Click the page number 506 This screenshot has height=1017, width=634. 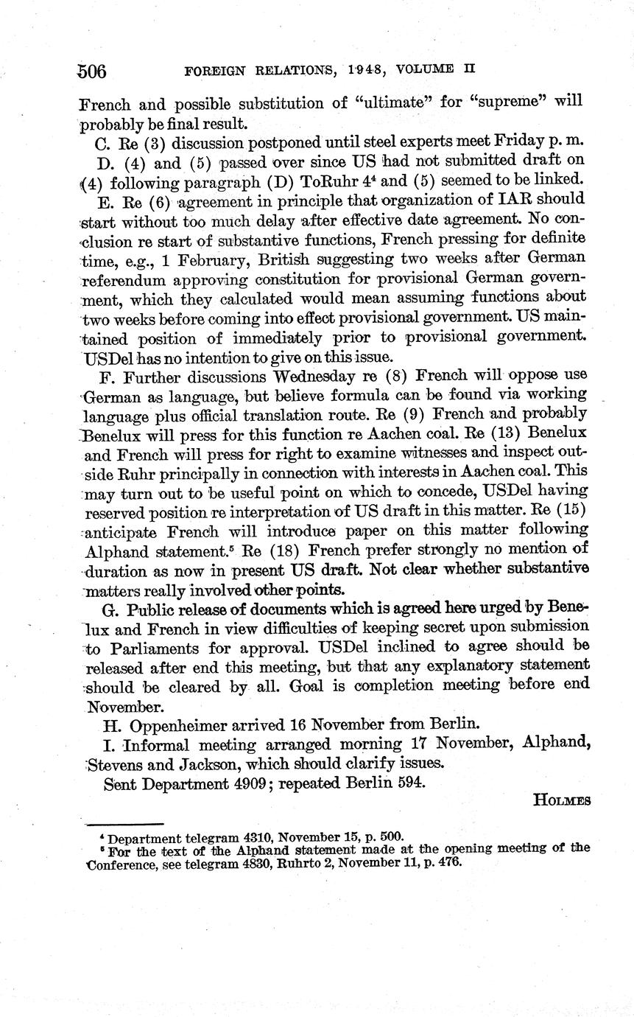[93, 71]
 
